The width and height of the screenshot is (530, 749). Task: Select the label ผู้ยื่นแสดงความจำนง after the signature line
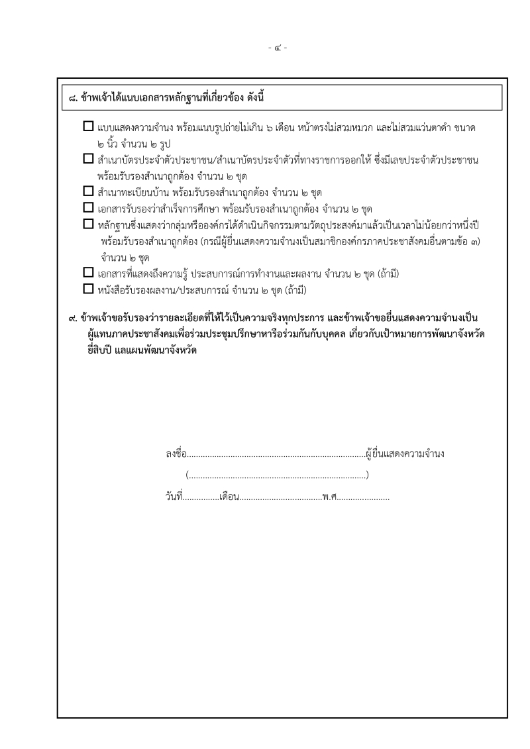(x=404, y=454)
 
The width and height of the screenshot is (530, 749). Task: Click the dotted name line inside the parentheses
(x=277, y=475)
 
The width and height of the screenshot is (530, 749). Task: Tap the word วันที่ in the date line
(x=174, y=495)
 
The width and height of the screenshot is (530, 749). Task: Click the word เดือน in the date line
(x=229, y=495)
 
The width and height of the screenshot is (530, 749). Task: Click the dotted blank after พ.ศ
(x=363, y=497)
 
